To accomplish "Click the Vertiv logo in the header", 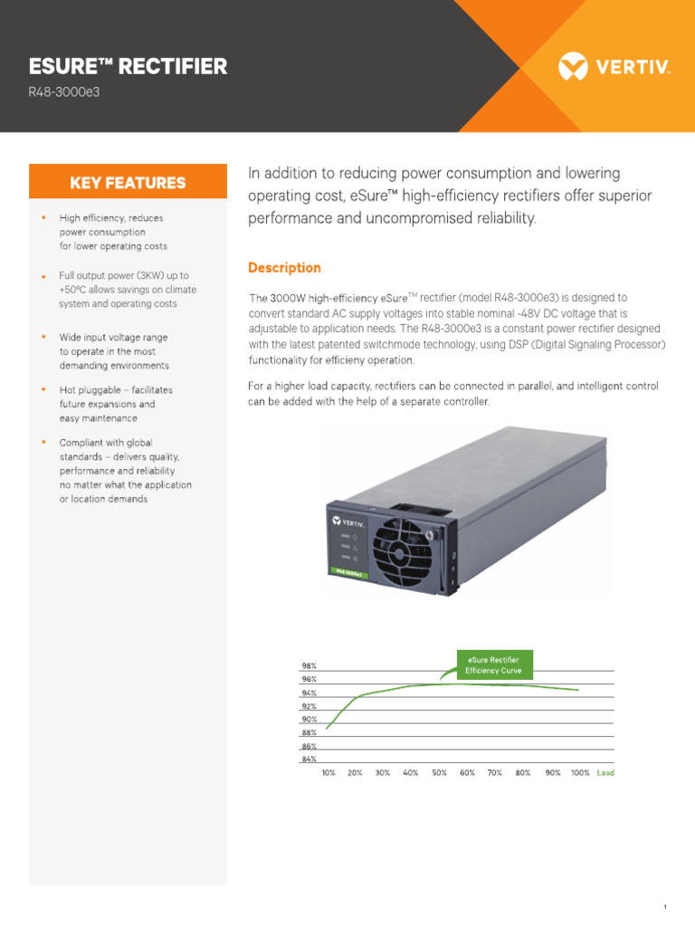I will tap(614, 66).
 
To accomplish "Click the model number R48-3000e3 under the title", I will tap(62, 92).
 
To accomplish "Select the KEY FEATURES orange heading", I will tap(128, 183).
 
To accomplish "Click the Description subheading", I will tap(284, 268).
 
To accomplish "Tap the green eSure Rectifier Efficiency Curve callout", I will tap(492, 665).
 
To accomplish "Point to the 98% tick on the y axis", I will tap(309, 666).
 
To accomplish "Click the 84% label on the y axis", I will tap(309, 760).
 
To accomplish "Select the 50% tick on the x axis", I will tap(439, 773).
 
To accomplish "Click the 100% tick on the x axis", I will tap(580, 773).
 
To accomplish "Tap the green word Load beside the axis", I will tap(605, 773).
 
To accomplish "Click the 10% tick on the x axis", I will tap(328, 773).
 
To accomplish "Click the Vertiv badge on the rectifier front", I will tap(347, 522).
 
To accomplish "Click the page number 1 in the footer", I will tap(664, 882).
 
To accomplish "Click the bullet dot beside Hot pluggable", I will tap(43, 389).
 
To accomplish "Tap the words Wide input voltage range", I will tap(113, 337).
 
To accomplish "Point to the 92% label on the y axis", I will tap(309, 706).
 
